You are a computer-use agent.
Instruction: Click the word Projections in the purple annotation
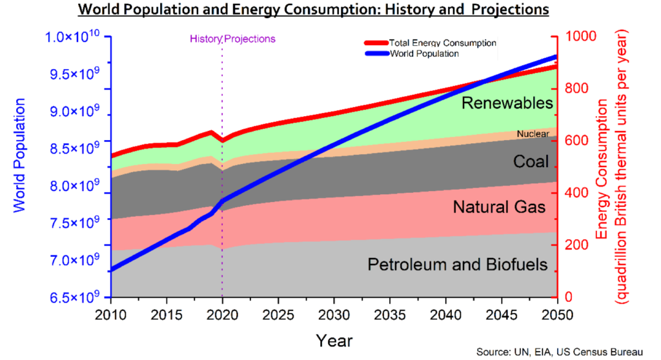click(x=250, y=39)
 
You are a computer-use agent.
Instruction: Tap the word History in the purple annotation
click(x=205, y=39)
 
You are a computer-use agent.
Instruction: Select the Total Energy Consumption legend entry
click(x=442, y=43)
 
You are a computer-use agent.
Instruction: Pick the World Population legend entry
click(x=424, y=54)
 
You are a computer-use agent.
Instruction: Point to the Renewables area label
click(x=507, y=103)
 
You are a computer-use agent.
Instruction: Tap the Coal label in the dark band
click(x=531, y=161)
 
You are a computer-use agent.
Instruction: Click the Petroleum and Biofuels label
click(x=457, y=265)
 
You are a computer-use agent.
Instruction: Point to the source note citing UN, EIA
click(x=560, y=352)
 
